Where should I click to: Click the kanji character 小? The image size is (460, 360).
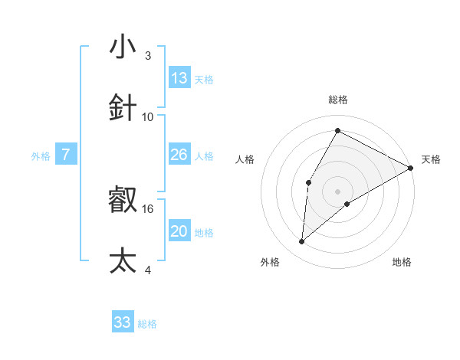click(123, 47)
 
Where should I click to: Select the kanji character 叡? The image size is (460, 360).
click(123, 199)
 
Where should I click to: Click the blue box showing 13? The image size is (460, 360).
click(179, 77)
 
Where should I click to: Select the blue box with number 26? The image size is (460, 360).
click(179, 155)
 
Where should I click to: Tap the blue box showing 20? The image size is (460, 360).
click(179, 231)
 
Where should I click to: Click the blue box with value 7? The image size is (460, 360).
click(66, 155)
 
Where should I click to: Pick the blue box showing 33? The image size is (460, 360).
click(123, 322)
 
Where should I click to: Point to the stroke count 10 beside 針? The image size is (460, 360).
click(148, 116)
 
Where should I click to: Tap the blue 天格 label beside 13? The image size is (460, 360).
click(204, 80)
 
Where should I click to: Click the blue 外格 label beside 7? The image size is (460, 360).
click(41, 156)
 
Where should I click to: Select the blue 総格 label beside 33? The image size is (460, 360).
click(147, 324)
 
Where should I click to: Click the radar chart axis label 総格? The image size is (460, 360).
click(337, 100)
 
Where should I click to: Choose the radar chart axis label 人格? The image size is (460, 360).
click(245, 159)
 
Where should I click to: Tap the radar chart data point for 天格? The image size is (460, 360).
click(411, 169)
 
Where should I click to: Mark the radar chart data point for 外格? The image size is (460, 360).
click(302, 242)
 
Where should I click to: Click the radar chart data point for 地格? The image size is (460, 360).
click(347, 204)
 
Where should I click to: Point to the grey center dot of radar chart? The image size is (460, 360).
click(337, 191)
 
